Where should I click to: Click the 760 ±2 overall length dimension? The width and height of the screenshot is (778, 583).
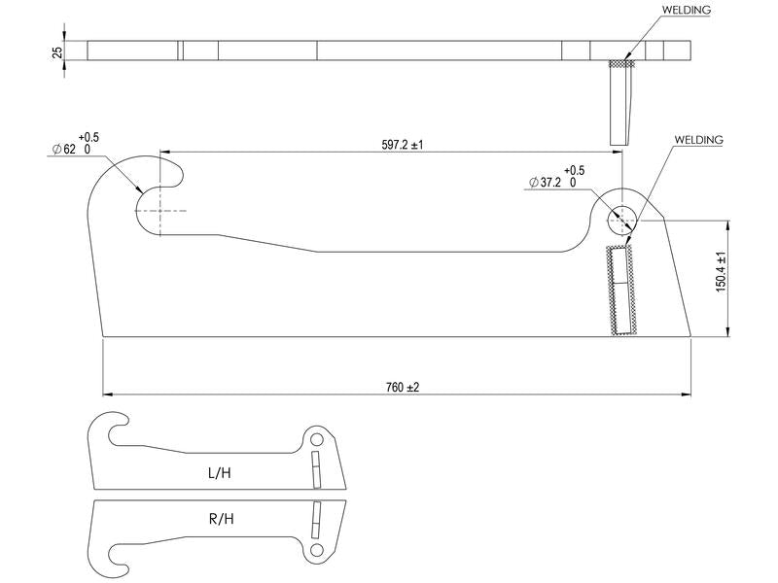402,387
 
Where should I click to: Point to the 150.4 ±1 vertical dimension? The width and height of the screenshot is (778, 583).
721,272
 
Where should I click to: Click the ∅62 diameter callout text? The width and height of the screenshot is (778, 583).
70,149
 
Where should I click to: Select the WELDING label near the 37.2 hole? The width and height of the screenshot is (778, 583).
699,140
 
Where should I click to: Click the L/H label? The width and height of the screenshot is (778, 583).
220,474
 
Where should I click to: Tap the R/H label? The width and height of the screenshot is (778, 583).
221,519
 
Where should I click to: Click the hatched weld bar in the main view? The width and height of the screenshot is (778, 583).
619,291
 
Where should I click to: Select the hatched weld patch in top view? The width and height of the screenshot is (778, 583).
620,65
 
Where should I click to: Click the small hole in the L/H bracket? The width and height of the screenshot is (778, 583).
316,439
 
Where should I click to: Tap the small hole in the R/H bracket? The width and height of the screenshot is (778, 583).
316,552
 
